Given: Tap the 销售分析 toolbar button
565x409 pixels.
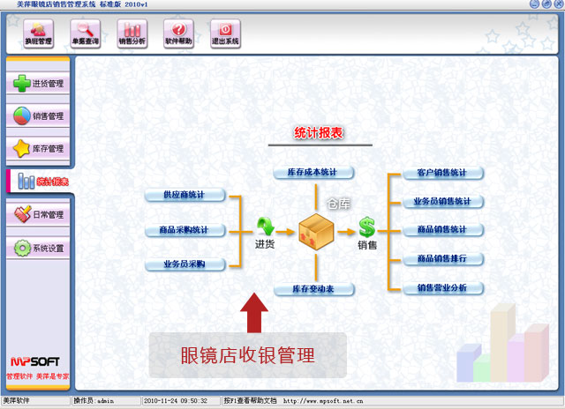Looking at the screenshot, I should (132, 33).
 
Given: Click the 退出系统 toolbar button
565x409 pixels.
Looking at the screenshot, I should (225, 33).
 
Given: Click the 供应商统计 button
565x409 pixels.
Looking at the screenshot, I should (185, 195).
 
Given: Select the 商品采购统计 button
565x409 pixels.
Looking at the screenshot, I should (185, 230).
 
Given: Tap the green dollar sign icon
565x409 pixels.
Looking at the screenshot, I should (367, 227).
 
